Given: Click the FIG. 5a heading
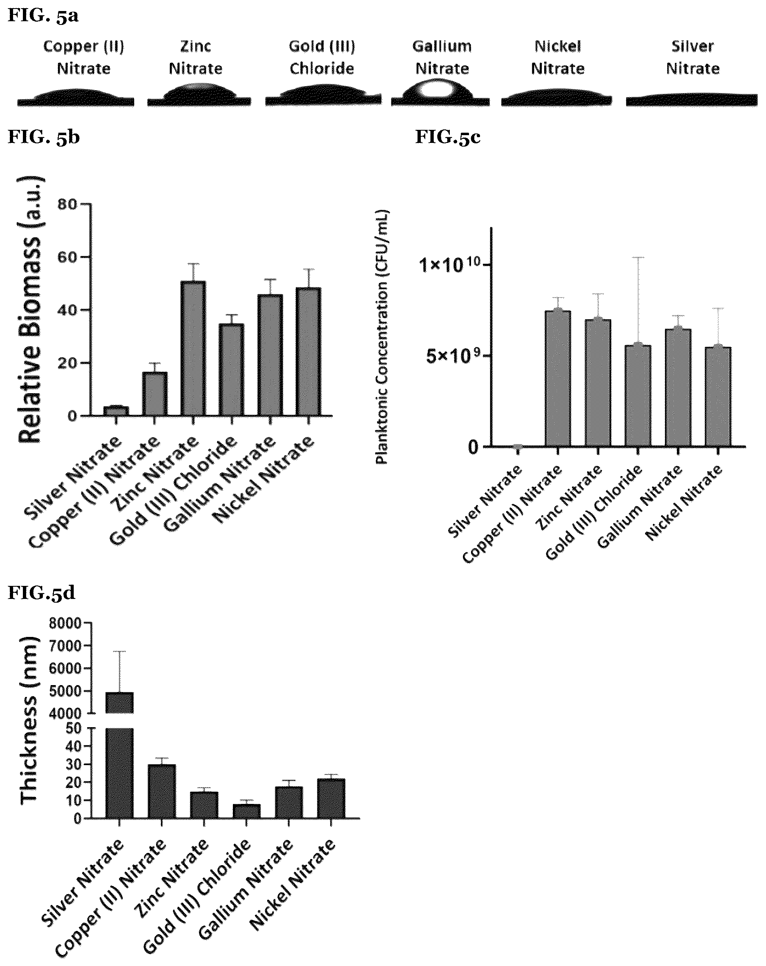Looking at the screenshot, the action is (x=43, y=15).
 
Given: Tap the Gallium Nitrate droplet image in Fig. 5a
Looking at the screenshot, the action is (x=440, y=92).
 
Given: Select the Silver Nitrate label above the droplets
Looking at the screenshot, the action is (x=692, y=57).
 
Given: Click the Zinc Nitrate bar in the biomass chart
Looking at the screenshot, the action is (x=193, y=348).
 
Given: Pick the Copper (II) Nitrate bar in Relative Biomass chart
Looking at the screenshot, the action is (x=155, y=394).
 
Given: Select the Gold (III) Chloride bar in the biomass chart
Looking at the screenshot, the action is (x=231, y=369).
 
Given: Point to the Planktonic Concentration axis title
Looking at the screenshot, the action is (x=382, y=337).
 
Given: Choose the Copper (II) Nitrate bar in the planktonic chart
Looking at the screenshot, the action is (x=558, y=378).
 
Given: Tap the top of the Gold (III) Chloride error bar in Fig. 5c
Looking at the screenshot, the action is (x=638, y=257).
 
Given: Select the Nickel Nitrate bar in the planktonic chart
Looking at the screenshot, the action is (x=718, y=396).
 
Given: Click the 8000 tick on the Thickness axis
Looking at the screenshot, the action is (x=66, y=623).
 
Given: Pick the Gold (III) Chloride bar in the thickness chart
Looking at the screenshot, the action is (x=246, y=811).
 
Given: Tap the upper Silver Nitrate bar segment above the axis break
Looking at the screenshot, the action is (x=119, y=703).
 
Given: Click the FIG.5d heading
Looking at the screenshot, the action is (x=41, y=593).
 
